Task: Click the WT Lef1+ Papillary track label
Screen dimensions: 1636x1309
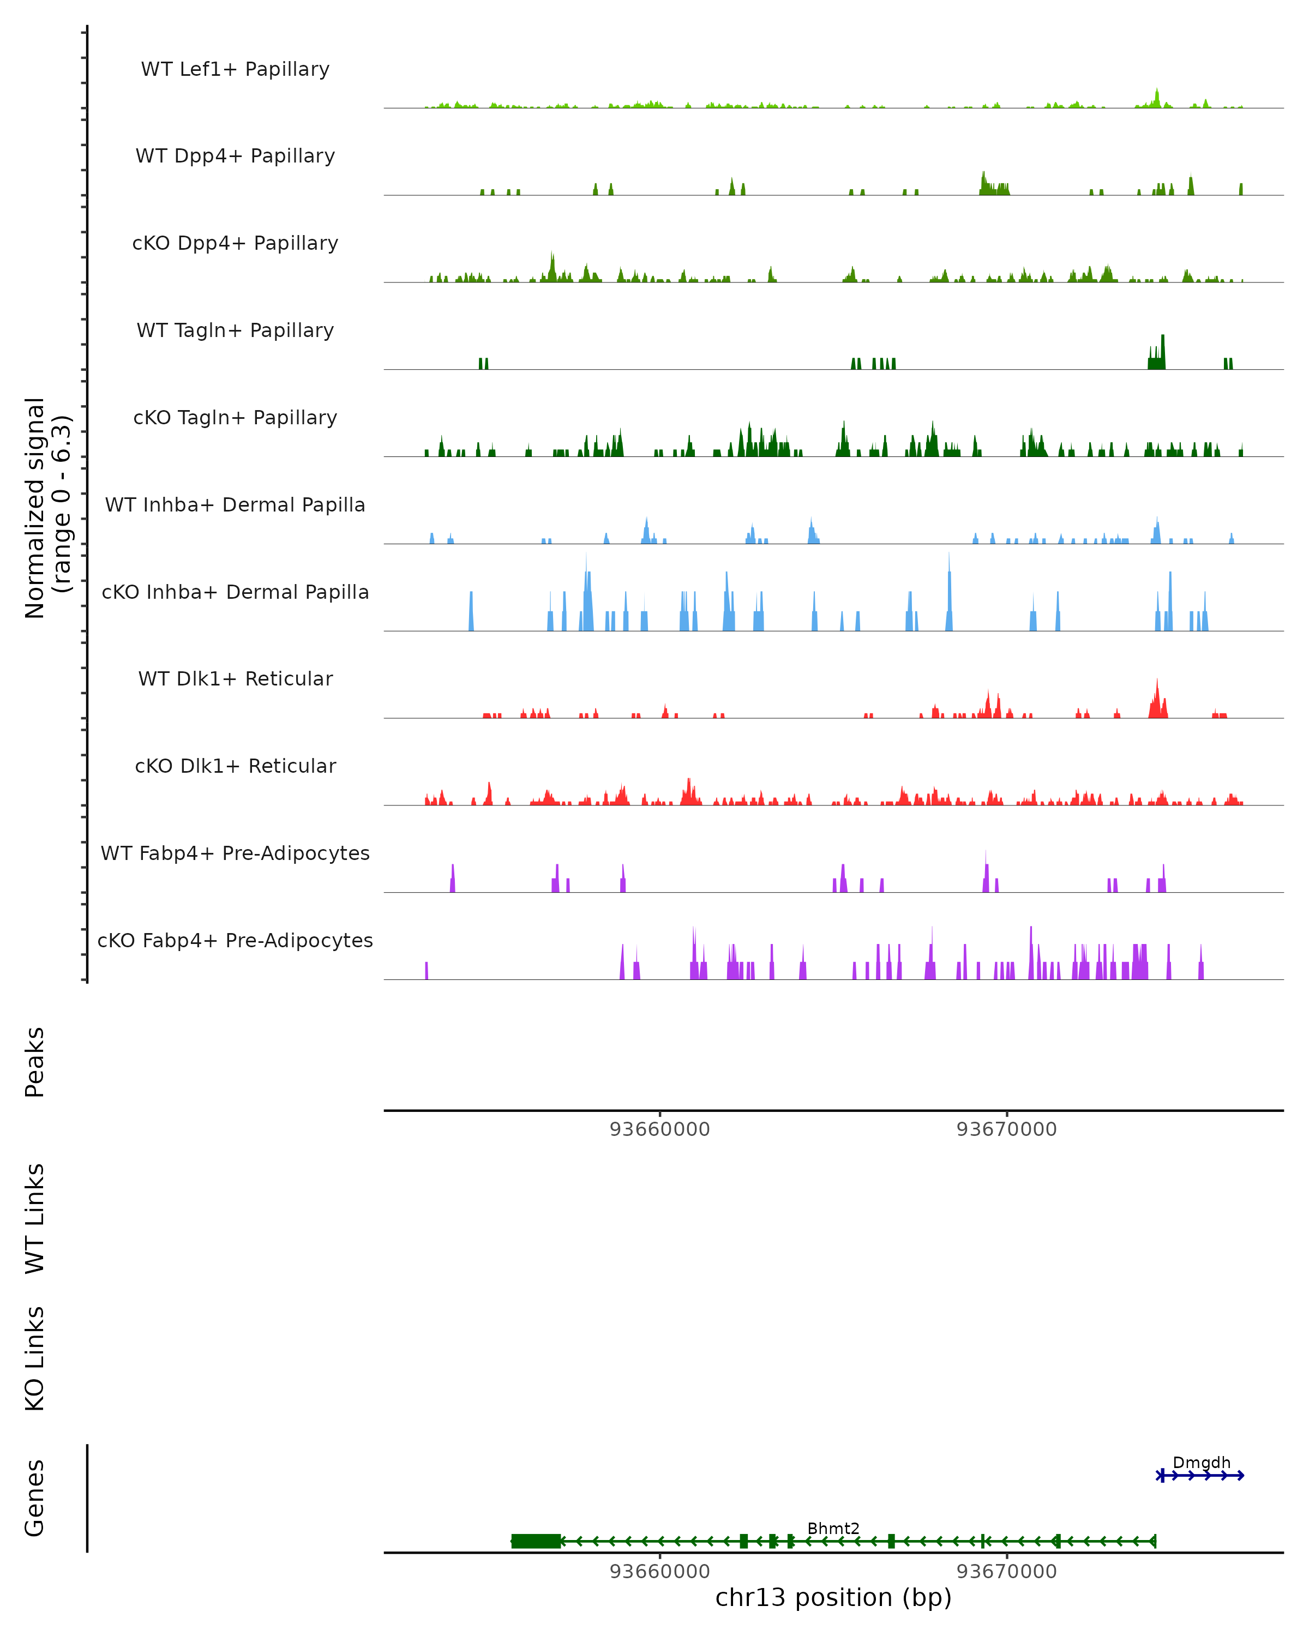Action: tap(235, 69)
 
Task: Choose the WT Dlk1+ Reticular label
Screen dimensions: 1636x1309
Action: tap(235, 678)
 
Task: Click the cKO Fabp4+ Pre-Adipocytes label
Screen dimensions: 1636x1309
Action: tap(235, 940)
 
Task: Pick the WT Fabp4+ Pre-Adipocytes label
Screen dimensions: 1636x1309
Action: tap(235, 853)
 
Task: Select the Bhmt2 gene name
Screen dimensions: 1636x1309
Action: tap(833, 1528)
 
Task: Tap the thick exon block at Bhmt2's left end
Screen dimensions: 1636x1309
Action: tap(536, 1541)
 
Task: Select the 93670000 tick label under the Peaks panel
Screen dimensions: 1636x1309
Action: tap(1006, 1129)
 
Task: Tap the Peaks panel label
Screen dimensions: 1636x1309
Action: tap(35, 1062)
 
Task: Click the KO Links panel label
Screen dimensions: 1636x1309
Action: tap(35, 1358)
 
